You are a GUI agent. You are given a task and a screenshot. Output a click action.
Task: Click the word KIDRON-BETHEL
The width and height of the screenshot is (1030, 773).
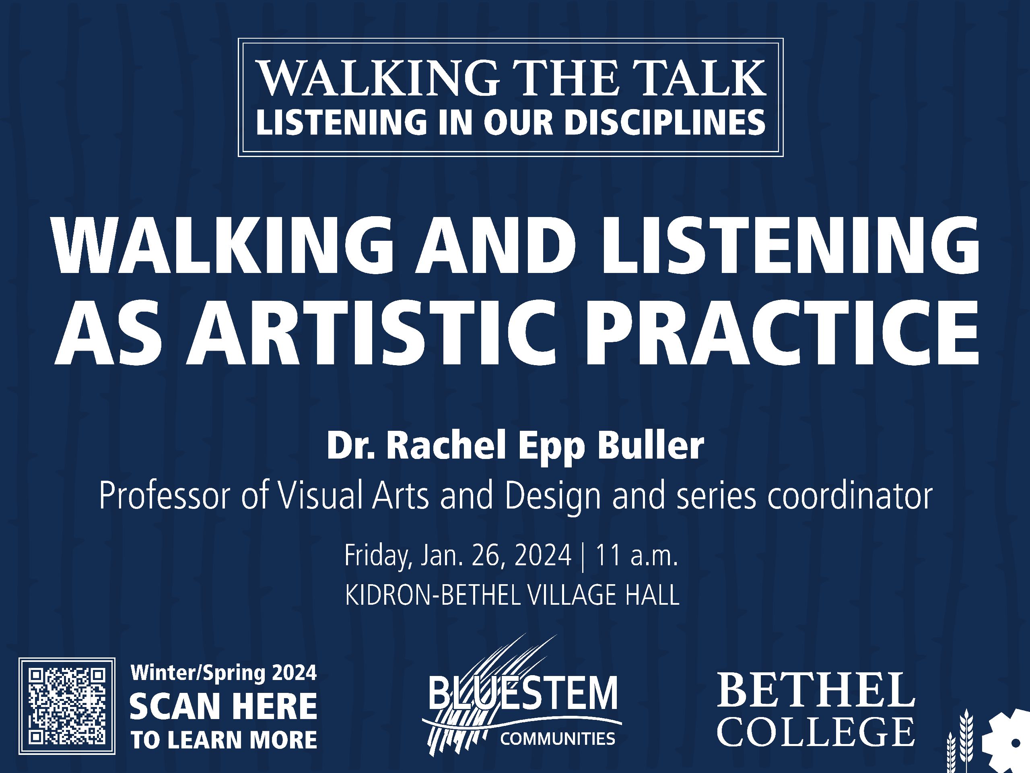pyautogui.click(x=434, y=596)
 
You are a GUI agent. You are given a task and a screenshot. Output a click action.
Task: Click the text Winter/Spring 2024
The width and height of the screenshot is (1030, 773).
pyautogui.click(x=224, y=673)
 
